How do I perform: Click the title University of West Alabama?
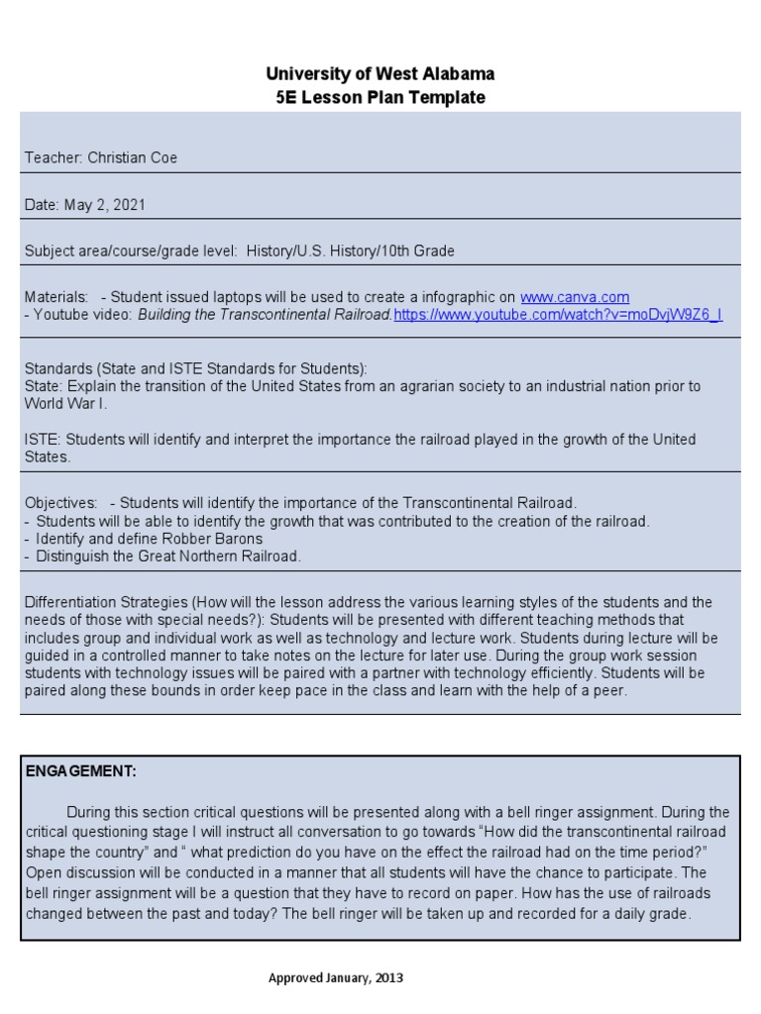pos(380,74)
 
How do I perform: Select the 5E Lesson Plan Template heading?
pos(380,97)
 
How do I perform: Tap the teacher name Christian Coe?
pos(133,158)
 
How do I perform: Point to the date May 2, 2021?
pos(105,205)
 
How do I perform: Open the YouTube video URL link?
pos(558,315)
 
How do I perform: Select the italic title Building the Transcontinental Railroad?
pos(265,315)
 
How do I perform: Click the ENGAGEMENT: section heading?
pos(81,771)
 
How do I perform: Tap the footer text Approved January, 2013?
pos(336,978)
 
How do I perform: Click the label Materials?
pos(56,297)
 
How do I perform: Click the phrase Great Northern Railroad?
pos(217,557)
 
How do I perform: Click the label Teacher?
pos(54,158)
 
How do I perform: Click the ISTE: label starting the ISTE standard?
pos(43,440)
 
